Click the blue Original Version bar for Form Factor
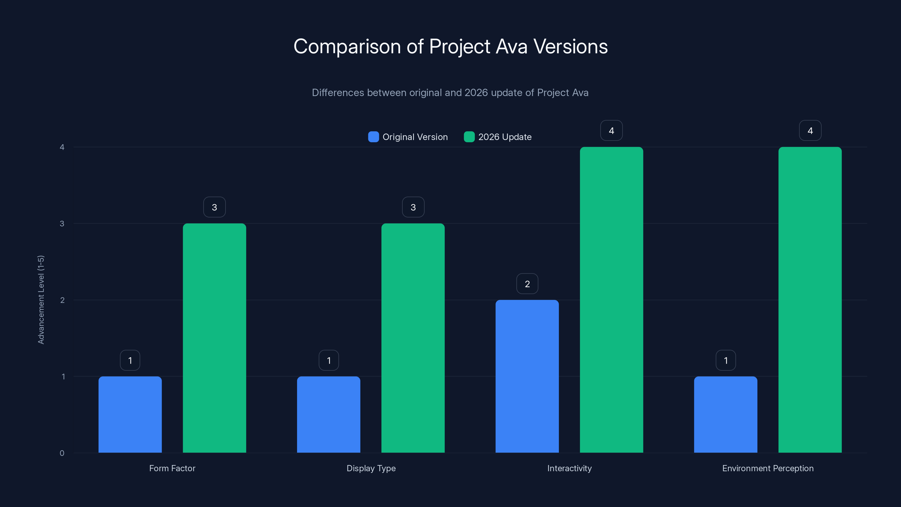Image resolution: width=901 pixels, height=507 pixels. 130,414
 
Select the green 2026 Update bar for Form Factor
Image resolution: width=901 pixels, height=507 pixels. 214,338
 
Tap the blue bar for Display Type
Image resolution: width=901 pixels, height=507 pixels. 328,414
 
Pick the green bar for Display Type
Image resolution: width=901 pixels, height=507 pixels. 413,338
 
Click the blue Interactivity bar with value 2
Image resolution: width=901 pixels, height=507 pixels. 527,376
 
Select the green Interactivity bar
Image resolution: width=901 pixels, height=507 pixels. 611,300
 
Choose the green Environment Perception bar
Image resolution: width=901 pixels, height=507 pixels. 810,300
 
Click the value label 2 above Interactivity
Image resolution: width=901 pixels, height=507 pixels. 527,284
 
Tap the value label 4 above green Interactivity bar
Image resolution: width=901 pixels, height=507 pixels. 611,130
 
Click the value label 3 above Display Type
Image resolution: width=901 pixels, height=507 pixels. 413,207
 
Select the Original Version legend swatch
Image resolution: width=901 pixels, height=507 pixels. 373,137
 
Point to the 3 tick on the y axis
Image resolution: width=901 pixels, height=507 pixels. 62,224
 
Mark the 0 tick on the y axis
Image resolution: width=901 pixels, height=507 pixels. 62,453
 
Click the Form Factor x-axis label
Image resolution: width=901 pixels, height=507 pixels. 172,468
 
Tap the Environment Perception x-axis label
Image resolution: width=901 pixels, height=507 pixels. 768,468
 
